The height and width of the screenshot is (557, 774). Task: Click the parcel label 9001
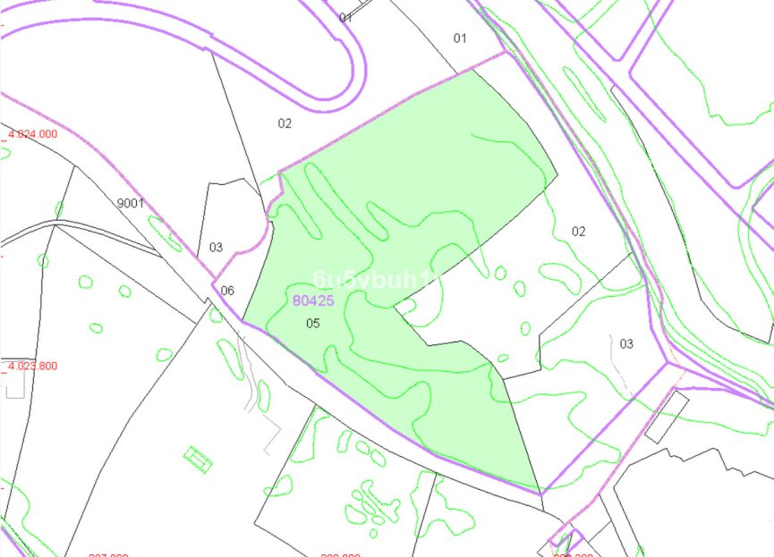[131, 203]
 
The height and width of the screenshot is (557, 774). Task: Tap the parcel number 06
[227, 290]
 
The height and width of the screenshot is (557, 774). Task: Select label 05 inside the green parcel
[312, 323]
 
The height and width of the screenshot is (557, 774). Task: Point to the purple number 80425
[313, 300]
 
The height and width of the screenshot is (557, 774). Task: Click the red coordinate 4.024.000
[32, 134]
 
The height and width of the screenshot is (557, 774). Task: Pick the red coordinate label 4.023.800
[32, 366]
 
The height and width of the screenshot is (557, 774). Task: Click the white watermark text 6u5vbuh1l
[377, 280]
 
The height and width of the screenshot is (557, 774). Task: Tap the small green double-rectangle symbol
[198, 459]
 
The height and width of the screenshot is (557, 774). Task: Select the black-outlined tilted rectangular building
[667, 418]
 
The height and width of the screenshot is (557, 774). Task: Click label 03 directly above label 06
[216, 247]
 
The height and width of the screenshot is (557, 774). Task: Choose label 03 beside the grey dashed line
[626, 343]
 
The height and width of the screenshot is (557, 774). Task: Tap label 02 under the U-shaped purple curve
[285, 123]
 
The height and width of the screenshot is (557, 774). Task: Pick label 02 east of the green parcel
[579, 231]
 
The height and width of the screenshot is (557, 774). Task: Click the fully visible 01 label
[460, 38]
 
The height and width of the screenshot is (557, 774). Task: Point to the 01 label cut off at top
[346, 17]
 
